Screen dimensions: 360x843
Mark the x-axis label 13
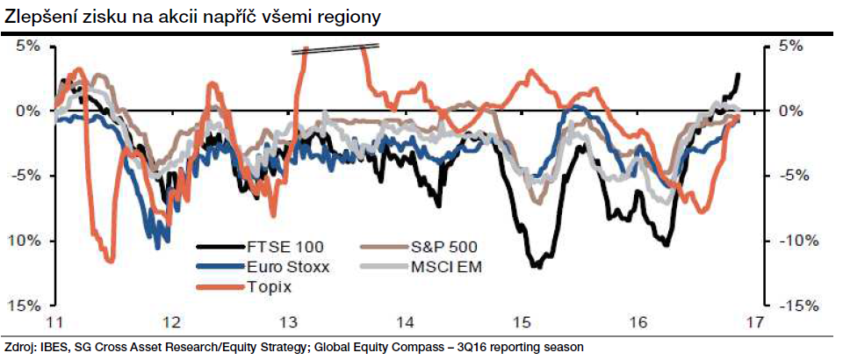click(287, 321)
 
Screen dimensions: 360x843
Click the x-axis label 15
click(523, 321)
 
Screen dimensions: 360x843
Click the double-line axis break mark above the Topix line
click(335, 49)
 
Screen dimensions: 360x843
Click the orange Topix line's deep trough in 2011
click(109, 260)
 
